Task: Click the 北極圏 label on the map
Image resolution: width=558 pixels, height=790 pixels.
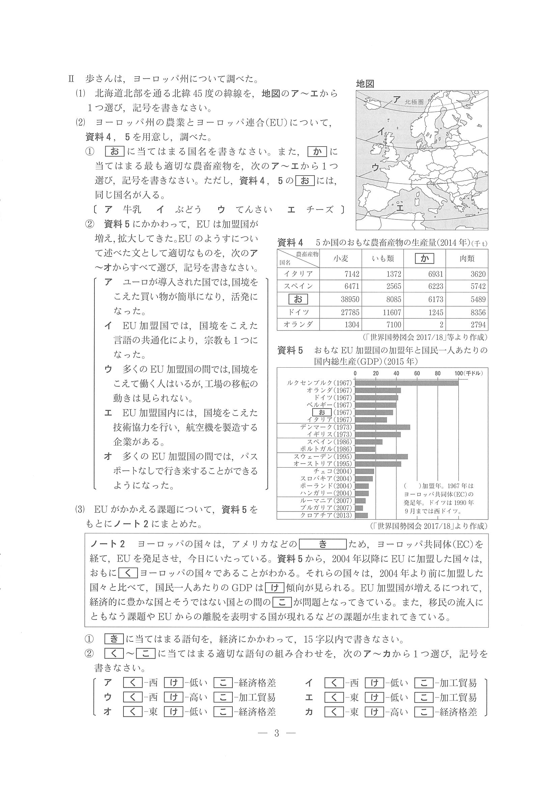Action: (x=414, y=102)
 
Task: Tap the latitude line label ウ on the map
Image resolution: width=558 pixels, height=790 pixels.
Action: (x=375, y=167)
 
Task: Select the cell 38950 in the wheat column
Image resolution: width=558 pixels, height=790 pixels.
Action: (x=350, y=299)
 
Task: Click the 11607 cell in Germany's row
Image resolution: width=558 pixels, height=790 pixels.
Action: (x=391, y=312)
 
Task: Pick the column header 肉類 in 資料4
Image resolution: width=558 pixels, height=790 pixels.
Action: (x=467, y=259)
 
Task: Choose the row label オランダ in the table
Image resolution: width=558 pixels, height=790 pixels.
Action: (x=298, y=324)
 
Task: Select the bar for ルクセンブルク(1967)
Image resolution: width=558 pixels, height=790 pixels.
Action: (x=407, y=383)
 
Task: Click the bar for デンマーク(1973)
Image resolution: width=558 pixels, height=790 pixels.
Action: (x=382, y=427)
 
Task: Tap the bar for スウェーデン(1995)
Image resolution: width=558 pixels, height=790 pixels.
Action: (x=381, y=456)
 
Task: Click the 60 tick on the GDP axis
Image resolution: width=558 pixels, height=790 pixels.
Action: (x=417, y=373)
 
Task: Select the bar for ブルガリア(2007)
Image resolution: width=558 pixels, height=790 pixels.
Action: (x=359, y=508)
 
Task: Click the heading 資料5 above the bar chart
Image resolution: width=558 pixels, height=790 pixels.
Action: (x=290, y=351)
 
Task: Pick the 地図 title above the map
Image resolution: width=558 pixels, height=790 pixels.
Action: (x=365, y=84)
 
